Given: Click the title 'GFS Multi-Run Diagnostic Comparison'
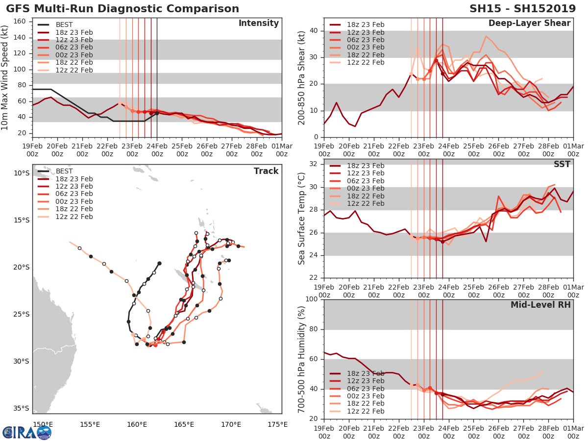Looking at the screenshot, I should [x=122, y=9].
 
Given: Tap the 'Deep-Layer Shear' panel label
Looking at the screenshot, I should [x=529, y=24].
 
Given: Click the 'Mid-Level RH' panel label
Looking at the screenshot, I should [x=540, y=305].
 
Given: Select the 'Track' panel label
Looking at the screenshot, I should [x=266, y=171].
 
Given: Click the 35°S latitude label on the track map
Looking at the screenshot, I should [x=21, y=408].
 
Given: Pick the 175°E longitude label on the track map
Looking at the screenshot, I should [x=275, y=424].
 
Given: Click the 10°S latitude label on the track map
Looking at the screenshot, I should [x=21, y=173].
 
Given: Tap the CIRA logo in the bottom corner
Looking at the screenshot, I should [x=26, y=432].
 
